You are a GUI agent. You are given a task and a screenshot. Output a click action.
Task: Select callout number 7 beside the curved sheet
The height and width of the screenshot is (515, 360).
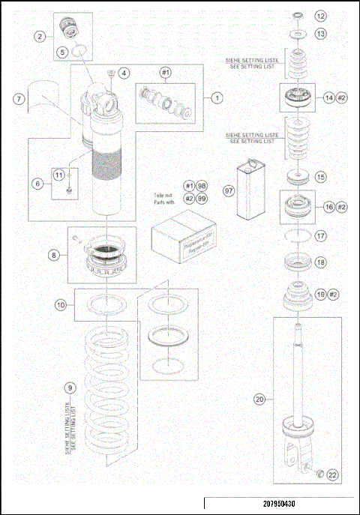coord(17,98)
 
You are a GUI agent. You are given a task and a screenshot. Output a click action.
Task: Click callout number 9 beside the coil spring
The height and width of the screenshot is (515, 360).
coord(70,388)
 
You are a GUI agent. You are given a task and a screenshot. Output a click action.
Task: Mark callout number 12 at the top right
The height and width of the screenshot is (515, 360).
coord(320,15)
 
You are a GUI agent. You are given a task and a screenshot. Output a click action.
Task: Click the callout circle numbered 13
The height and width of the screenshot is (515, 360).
coord(320,34)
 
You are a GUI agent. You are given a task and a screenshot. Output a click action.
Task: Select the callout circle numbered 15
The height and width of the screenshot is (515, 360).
coord(320,178)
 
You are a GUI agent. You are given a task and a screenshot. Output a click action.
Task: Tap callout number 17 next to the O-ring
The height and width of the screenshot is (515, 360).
coord(320,235)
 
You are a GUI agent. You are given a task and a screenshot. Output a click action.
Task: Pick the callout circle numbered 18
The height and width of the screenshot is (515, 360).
coord(320,262)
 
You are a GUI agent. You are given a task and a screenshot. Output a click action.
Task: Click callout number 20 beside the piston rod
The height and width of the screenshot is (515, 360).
coord(259,400)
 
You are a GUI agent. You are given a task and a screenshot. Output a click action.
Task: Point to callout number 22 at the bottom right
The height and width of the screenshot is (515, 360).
coord(332,474)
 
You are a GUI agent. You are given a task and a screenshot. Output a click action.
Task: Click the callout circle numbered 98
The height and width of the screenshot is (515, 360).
coord(202,184)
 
